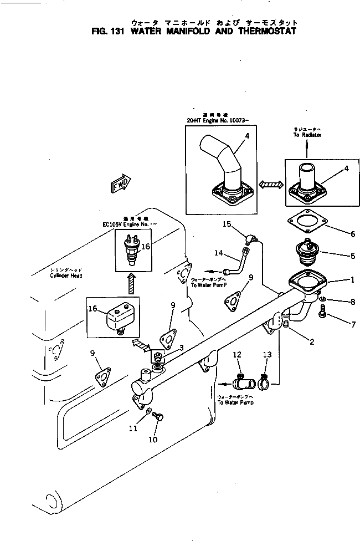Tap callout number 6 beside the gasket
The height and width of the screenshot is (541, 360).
click(352, 234)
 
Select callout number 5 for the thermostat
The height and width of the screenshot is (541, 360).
click(352, 256)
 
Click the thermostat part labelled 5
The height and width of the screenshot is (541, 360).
click(305, 251)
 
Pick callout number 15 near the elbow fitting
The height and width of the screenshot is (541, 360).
click(227, 224)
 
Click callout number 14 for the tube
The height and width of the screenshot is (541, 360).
click(219, 254)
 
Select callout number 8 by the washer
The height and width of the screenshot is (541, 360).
click(352, 302)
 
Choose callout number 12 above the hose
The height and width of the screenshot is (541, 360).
click(237, 354)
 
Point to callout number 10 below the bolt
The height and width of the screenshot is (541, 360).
click(153, 440)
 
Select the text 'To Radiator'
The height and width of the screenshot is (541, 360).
click(307, 135)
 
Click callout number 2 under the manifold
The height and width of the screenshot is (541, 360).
click(312, 342)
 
